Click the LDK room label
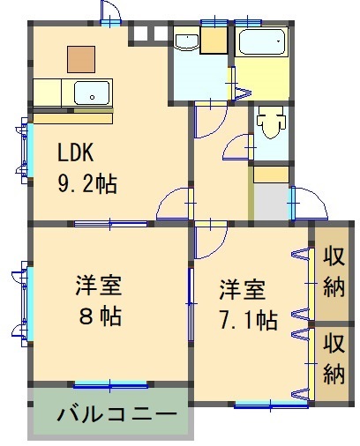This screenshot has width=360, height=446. tap(76, 152)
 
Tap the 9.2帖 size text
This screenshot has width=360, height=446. tap(87, 184)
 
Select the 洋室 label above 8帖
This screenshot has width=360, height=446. tap(99, 285)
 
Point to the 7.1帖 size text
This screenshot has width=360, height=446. tap(249, 320)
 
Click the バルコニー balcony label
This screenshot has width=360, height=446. tap(117, 414)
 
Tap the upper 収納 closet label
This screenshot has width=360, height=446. tap(334, 272)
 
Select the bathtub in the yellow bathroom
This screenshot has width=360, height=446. tap(262, 41)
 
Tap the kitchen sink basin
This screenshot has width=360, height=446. tap(92, 93)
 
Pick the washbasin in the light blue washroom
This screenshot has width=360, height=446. tap(186, 41)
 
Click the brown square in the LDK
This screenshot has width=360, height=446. tap(81, 59)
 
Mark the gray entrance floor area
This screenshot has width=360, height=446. tap(271, 202)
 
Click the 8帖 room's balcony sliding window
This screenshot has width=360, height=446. tap(110, 385)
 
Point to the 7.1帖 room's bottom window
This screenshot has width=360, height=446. tap(271, 405)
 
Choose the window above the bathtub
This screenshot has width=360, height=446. tap(248, 22)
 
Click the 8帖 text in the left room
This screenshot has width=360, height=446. tap(100, 316)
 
